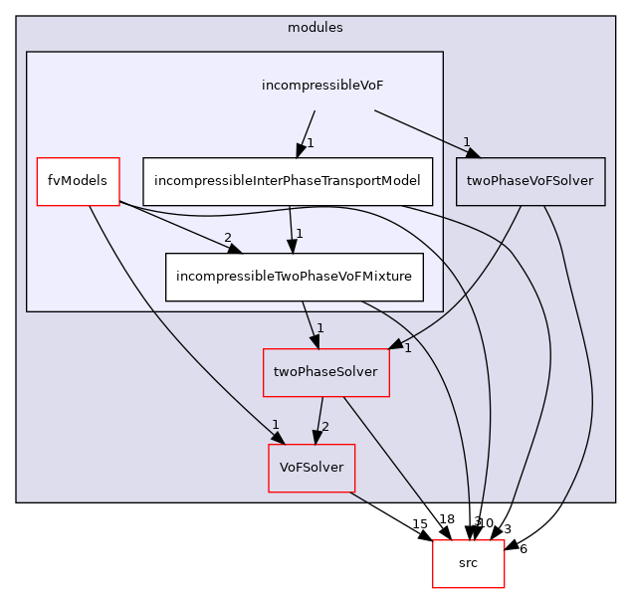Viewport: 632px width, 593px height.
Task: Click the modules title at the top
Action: coord(315,27)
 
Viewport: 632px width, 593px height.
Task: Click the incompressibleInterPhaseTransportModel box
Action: coord(288,182)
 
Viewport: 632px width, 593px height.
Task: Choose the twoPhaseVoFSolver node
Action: coord(529,182)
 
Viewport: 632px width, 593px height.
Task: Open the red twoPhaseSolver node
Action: coord(324,372)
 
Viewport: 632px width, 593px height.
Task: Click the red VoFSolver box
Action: coord(311,468)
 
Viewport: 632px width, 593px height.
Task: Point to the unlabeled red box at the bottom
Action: coord(468,564)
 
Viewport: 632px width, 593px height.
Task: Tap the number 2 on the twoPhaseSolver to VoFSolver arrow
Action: coord(324,427)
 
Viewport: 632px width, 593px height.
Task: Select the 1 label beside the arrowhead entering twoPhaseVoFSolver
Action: coord(465,141)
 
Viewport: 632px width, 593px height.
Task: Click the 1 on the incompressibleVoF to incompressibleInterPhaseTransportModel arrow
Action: coord(310,143)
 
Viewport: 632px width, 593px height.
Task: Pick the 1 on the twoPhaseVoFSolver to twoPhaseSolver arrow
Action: coord(407,348)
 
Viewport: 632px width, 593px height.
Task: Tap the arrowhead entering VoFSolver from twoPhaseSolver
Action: coord(316,438)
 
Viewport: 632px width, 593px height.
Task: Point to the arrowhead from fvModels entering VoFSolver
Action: coord(273,438)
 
